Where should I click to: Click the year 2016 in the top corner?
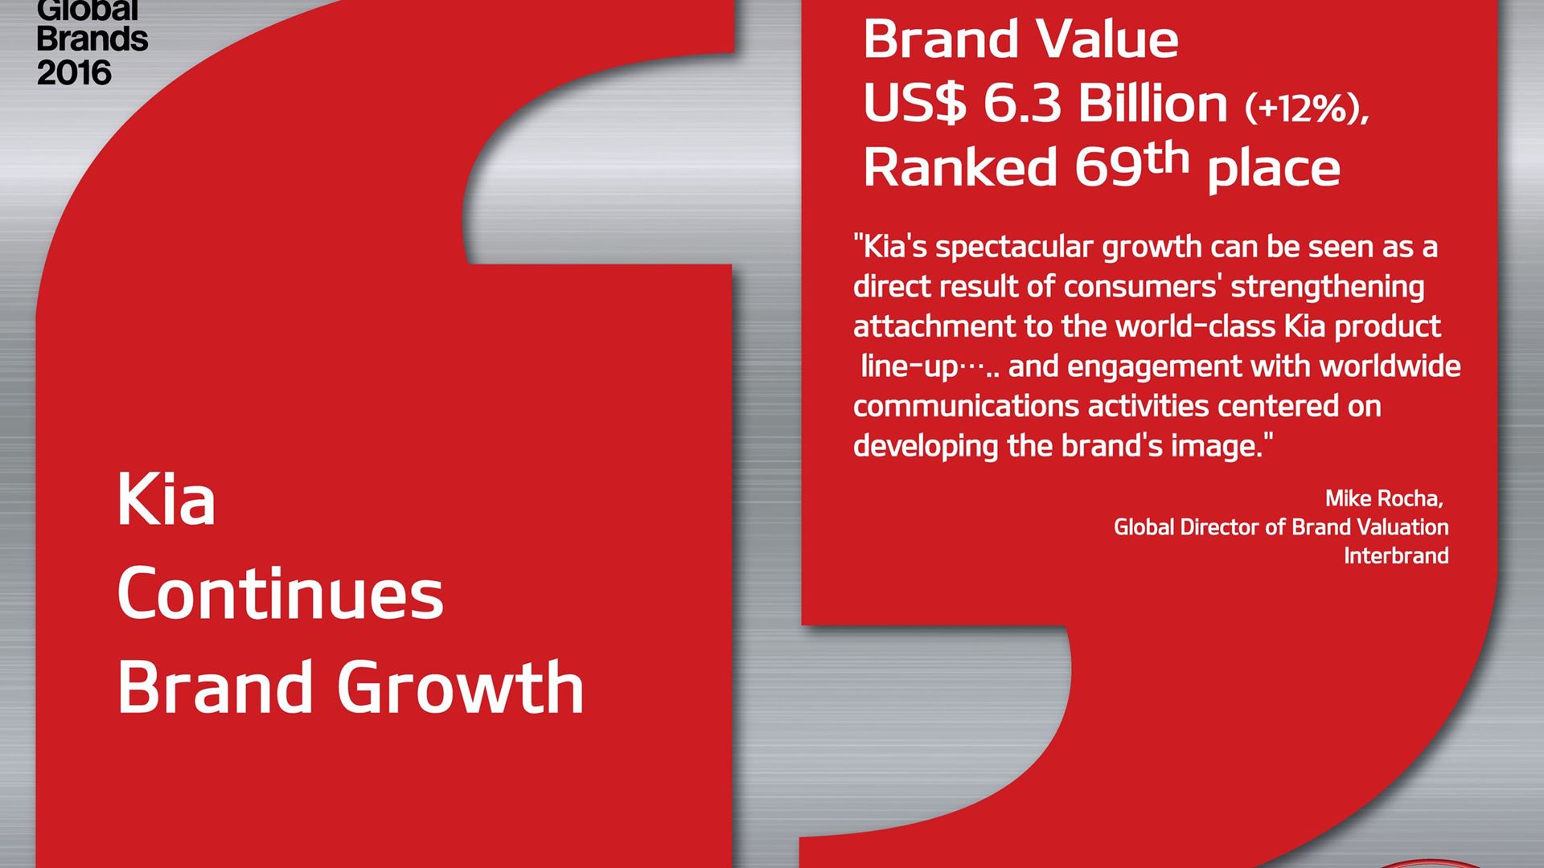coord(74,73)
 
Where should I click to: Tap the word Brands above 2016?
coord(92,39)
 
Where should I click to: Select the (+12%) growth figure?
coord(1307,108)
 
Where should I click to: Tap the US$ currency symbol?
coord(915,104)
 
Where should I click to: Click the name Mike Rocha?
coord(1384,498)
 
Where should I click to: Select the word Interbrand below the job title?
coord(1396,555)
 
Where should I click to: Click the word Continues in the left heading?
coord(281,595)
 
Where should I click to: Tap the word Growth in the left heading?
coord(460,687)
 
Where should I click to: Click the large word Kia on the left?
coord(166,500)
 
